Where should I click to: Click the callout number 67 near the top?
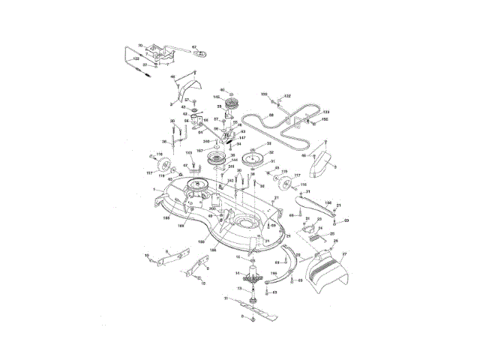tap(193, 46)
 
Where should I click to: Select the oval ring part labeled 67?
tap(199, 55)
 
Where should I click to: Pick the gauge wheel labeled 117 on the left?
tap(167, 167)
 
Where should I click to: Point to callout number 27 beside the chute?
tap(346, 255)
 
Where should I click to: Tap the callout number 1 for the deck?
tap(154, 189)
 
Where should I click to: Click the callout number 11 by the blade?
tap(226, 298)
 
